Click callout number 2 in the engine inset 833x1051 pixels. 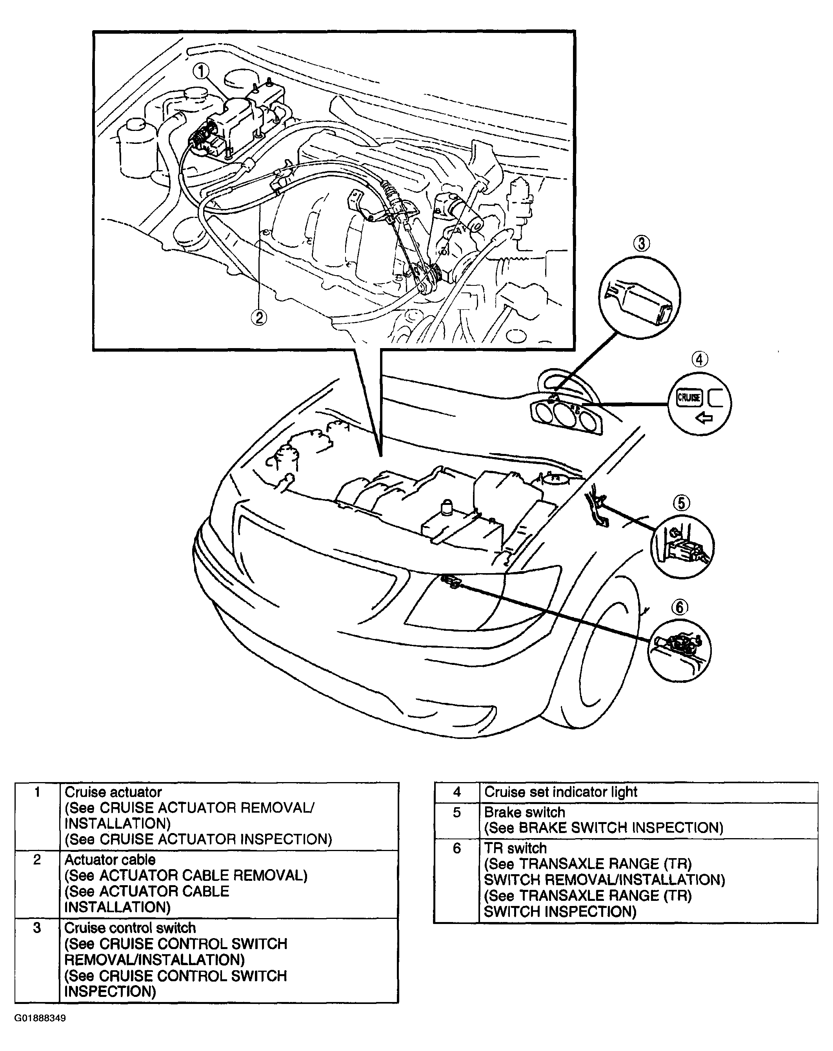258,318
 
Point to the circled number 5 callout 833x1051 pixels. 681,503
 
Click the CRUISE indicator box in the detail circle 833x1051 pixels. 689,397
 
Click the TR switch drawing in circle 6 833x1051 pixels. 679,649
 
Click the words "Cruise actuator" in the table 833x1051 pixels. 113,792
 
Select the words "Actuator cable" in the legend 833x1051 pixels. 110,860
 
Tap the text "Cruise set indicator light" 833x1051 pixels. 560,792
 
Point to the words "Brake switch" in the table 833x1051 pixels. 524,813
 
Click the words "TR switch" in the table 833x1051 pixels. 515,849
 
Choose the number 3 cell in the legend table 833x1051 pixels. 37,928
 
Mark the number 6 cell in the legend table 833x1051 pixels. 457,849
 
